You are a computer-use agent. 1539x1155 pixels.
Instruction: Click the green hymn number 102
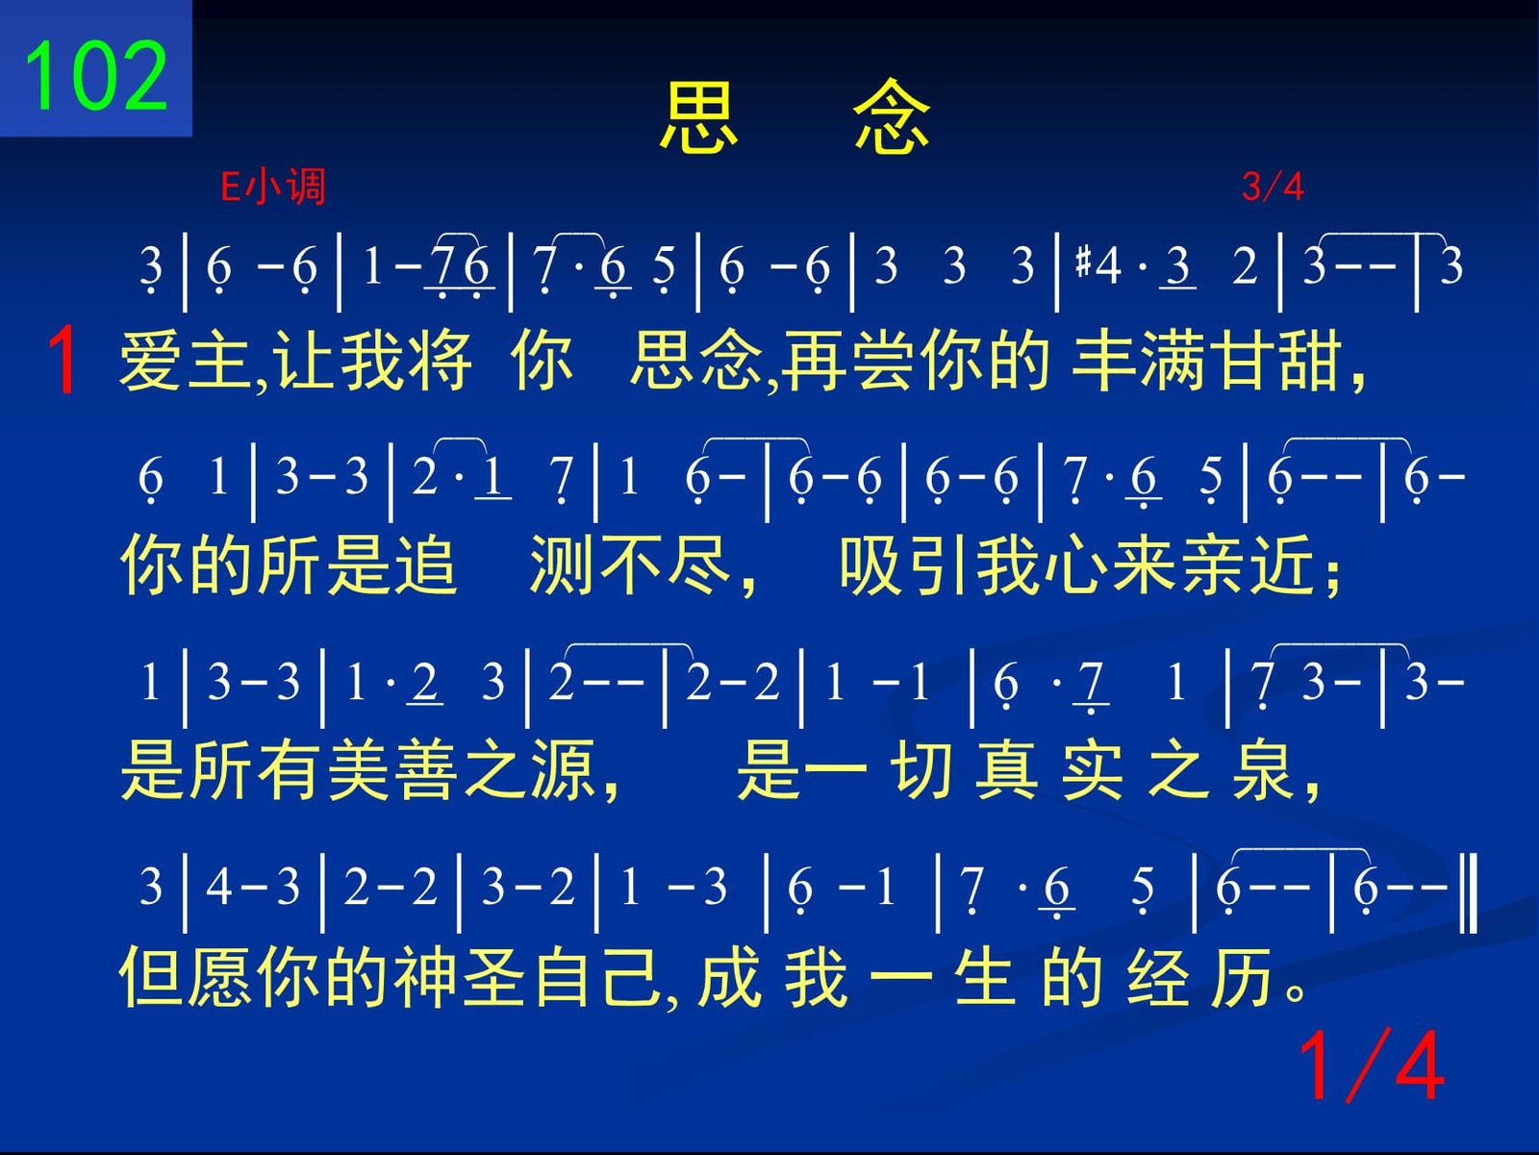click(96, 75)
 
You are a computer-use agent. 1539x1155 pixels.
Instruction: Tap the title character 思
click(698, 116)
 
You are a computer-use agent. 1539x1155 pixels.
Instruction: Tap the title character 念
click(892, 116)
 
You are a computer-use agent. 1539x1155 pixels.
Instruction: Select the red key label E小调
click(273, 187)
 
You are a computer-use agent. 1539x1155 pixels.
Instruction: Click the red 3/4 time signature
click(1273, 187)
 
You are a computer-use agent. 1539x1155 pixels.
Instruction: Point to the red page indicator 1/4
click(1372, 1067)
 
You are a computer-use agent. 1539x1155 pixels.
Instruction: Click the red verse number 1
click(63, 361)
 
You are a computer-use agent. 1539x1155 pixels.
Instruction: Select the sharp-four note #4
click(1098, 266)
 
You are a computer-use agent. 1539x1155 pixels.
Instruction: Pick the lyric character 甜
click(1310, 361)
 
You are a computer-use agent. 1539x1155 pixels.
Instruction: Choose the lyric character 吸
click(871, 565)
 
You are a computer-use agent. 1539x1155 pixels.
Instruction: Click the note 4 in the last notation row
click(218, 886)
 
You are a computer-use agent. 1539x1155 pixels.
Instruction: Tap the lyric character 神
click(425, 976)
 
